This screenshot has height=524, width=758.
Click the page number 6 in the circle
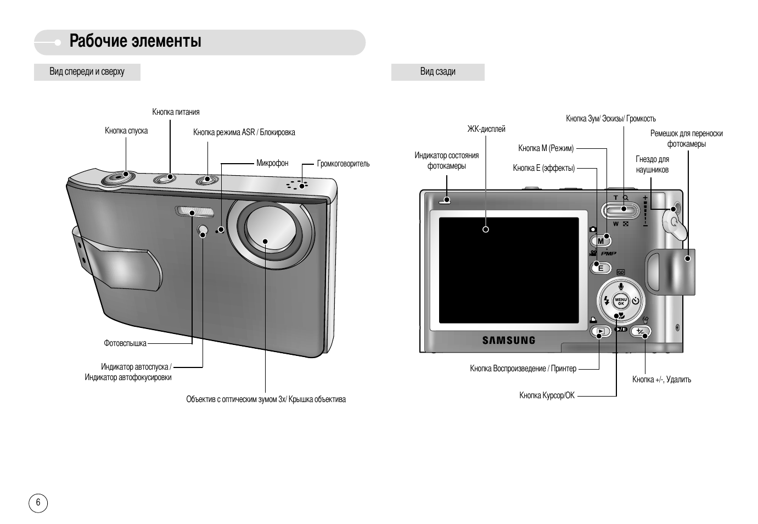(38, 503)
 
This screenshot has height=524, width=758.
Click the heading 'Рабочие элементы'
(135, 42)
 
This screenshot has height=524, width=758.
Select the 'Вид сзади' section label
(437, 72)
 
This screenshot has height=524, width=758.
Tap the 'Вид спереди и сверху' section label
(87, 72)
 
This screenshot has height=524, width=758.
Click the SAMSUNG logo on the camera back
(508, 340)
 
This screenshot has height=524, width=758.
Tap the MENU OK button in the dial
(621, 302)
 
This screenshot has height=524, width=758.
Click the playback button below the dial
(600, 331)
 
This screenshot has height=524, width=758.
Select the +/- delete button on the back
(640, 331)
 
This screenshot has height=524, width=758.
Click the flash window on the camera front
(195, 211)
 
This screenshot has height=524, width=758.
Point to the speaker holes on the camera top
(296, 185)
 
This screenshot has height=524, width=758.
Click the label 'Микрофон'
(272, 163)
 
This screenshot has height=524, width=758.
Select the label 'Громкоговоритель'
(343, 164)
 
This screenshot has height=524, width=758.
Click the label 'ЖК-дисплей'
(486, 129)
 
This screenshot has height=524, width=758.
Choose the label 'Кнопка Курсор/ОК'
(547, 395)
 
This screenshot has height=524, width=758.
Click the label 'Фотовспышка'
(125, 343)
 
